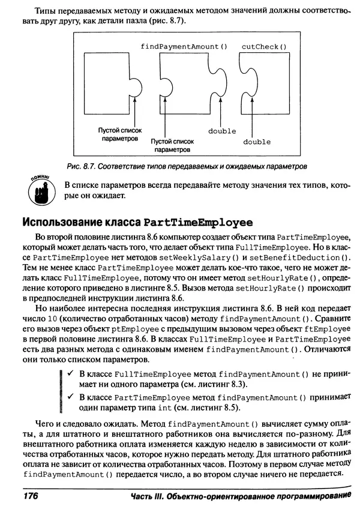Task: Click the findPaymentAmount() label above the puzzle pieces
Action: point(180,46)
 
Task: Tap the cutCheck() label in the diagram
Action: point(264,46)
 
